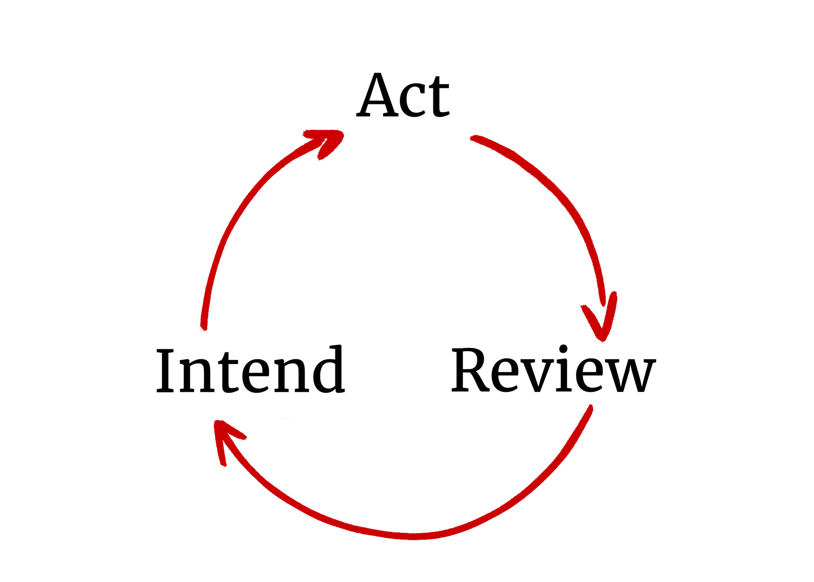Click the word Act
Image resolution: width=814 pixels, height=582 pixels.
[403, 95]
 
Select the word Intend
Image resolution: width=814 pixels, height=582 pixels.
[250, 370]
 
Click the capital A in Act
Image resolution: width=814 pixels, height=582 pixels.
[376, 95]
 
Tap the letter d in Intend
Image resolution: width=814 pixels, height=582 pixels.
[328, 370]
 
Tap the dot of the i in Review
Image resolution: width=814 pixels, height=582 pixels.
[563, 348]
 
